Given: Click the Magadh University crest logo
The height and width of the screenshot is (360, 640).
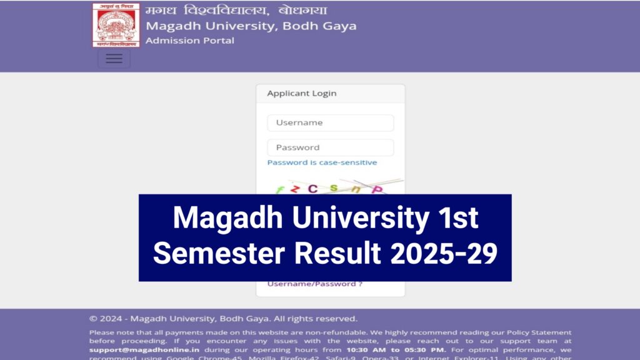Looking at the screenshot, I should (116, 25).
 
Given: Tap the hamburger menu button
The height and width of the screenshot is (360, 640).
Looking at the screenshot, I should (114, 58).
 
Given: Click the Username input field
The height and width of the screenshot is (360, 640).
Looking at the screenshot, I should (330, 123).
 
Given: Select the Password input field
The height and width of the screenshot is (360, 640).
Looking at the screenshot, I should (330, 147).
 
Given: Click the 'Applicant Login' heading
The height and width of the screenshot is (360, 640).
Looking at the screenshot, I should (302, 94).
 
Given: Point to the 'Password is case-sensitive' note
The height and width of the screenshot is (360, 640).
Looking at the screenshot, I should (322, 162).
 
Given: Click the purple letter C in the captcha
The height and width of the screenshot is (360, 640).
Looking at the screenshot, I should (312, 188).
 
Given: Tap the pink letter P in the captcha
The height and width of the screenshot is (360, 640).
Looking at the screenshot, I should (377, 189).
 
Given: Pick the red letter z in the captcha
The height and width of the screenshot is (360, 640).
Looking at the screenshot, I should (295, 189).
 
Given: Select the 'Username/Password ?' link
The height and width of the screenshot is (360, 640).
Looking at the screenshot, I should (315, 284).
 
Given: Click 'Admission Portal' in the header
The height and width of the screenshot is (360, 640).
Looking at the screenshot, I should (190, 41).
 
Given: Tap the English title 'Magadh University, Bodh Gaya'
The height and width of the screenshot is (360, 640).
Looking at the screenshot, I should (251, 26).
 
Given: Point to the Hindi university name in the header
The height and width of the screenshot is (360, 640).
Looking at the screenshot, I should (236, 11).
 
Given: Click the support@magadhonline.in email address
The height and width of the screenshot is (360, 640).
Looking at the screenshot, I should (144, 350).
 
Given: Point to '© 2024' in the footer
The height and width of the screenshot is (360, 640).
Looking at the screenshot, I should (107, 319).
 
